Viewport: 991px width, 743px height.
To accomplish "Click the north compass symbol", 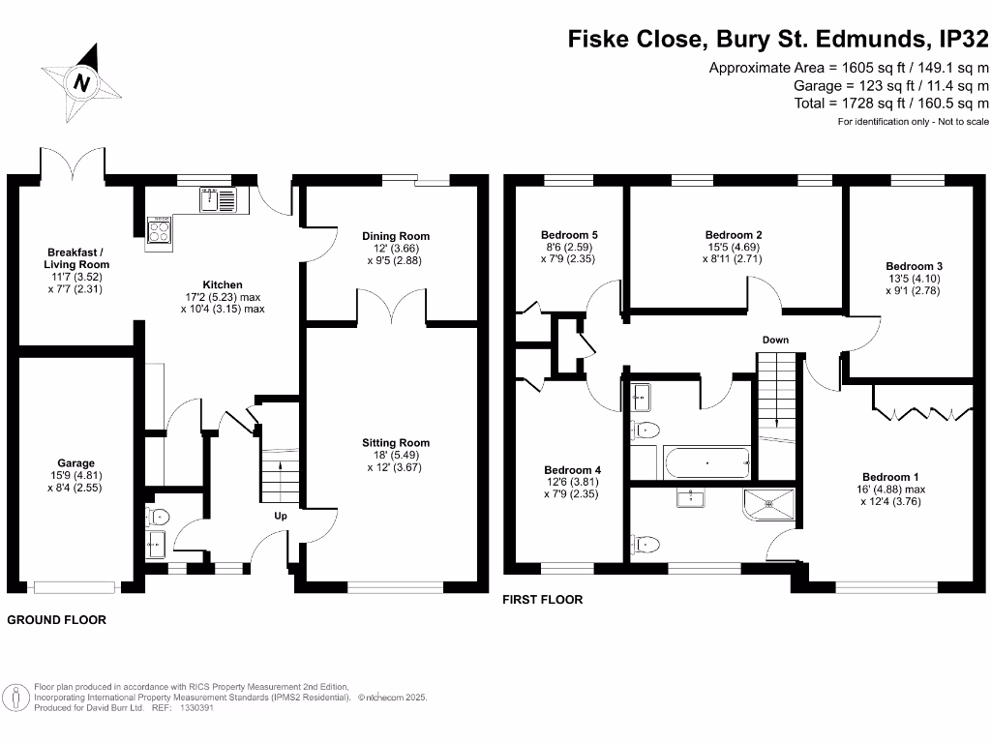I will (x=82, y=82).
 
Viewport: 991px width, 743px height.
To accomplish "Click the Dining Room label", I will (x=396, y=236).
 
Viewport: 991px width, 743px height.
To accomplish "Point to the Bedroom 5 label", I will (x=569, y=235).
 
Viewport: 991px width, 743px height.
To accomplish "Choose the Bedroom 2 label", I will (x=734, y=235).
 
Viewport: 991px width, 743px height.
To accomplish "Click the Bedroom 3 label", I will (x=914, y=266).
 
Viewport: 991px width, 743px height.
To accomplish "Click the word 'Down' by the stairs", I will (x=775, y=340).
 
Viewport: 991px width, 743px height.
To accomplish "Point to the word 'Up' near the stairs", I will (x=281, y=516).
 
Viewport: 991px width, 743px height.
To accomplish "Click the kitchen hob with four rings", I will (x=160, y=230).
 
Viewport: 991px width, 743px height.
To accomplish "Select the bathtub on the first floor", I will (x=706, y=462).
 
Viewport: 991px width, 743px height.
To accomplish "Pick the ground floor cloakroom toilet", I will (x=158, y=516).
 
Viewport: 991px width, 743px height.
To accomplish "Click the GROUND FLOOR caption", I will (x=57, y=619).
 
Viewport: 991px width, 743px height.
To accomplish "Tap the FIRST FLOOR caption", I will (x=542, y=600).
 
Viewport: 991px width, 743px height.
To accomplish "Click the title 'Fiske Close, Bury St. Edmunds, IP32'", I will (x=777, y=40).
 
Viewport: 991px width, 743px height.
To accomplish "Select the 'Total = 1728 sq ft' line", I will (x=890, y=103).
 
